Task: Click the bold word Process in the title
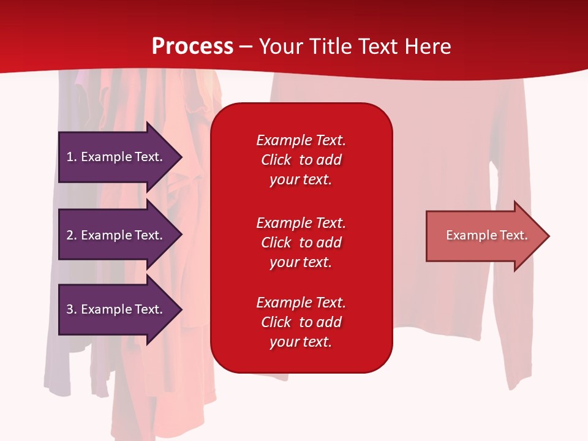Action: pos(193,46)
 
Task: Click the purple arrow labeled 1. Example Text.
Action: pos(120,157)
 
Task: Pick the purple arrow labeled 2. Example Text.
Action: pos(120,235)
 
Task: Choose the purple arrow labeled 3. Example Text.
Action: pos(120,309)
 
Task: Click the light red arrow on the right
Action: pos(488,236)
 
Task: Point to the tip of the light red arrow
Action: pos(549,236)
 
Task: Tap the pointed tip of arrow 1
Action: pos(182,157)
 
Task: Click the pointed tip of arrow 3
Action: pos(182,309)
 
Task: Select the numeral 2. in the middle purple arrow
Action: pos(72,235)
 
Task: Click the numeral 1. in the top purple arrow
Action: pos(72,157)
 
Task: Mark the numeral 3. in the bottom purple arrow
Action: pos(72,309)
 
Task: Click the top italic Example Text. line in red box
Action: pos(301,140)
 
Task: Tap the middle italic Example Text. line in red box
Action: pos(301,223)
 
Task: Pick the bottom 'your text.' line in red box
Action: pos(301,342)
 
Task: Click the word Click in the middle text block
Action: pos(276,243)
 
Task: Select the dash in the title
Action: pos(246,48)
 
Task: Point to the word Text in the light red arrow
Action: pos(514,235)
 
